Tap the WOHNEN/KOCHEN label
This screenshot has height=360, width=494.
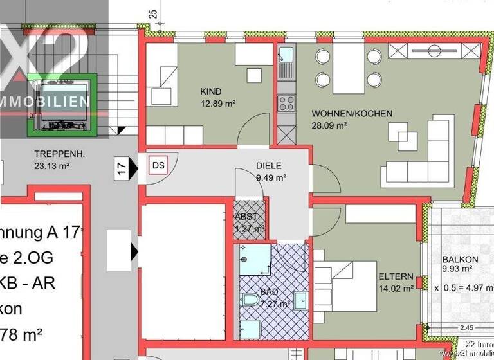[351, 114]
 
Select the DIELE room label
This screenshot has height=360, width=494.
[270, 166]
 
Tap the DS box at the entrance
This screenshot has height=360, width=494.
[158, 165]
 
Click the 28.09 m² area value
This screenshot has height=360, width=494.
[329, 126]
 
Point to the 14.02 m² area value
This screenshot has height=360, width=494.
[396, 289]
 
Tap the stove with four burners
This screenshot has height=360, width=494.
[286, 103]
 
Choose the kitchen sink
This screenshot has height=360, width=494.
[286, 56]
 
